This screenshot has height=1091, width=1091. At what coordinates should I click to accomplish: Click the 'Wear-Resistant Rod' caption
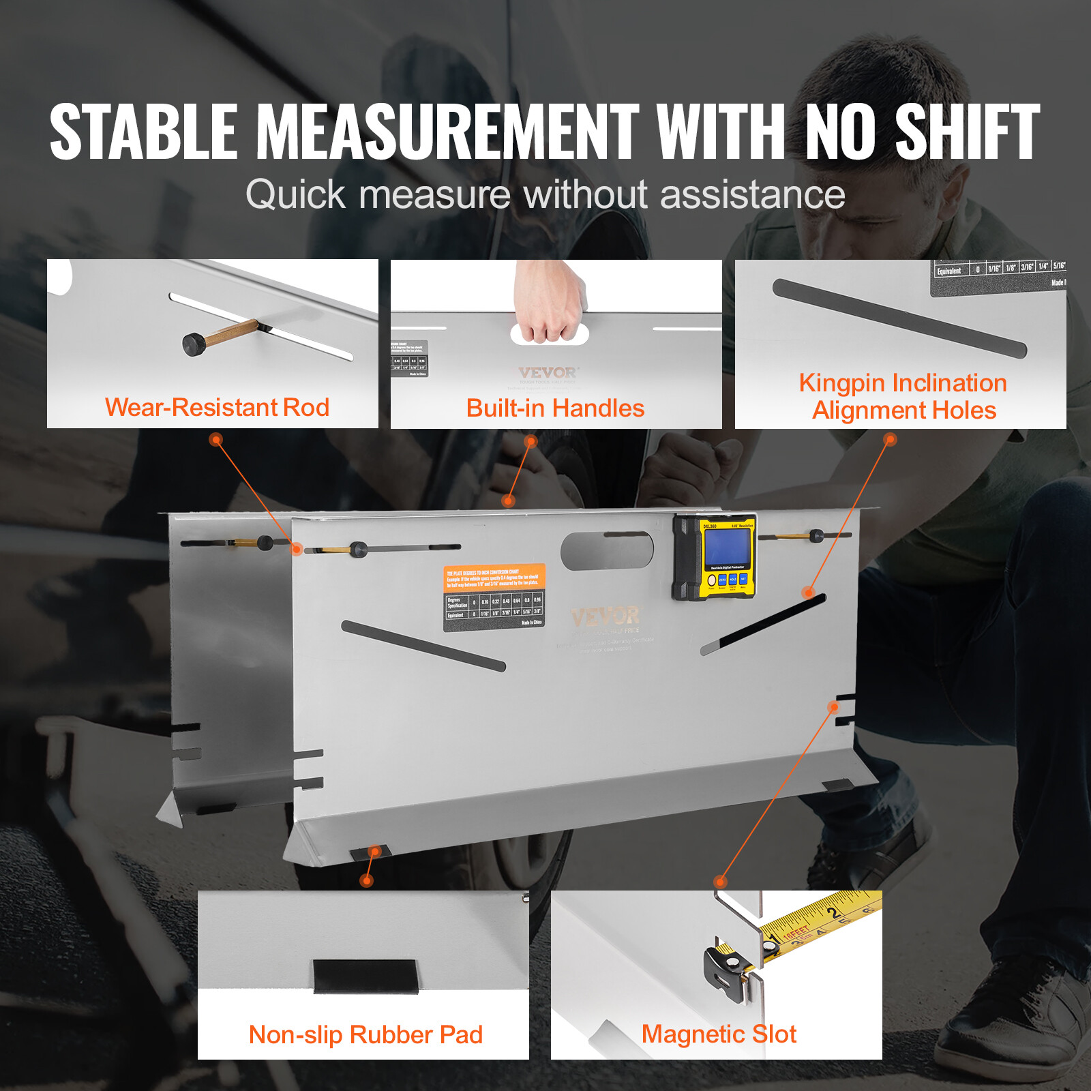pyautogui.click(x=217, y=407)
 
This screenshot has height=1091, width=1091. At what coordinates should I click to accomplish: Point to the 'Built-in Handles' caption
pyautogui.click(x=555, y=408)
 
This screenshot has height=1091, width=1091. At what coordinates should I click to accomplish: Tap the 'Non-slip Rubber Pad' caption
pyautogui.click(x=365, y=1034)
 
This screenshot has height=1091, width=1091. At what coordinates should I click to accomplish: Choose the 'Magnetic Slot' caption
pyautogui.click(x=719, y=1034)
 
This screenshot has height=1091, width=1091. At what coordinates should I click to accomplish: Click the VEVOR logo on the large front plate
pyautogui.click(x=606, y=616)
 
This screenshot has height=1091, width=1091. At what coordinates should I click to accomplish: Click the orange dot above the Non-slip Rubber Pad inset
pyautogui.click(x=367, y=881)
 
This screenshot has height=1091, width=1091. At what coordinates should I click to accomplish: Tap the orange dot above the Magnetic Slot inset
pyautogui.click(x=720, y=882)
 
